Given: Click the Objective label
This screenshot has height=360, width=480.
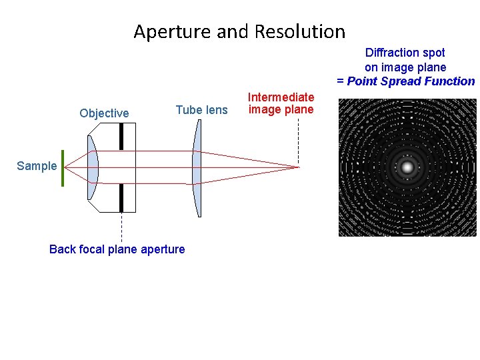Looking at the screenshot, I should (x=104, y=113).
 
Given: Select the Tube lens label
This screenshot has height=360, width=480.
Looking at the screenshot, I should (x=201, y=110).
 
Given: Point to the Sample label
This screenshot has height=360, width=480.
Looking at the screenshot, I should (x=37, y=166).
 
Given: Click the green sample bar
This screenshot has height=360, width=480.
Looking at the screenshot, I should (x=63, y=168).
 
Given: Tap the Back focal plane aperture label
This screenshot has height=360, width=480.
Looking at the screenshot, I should (x=117, y=249).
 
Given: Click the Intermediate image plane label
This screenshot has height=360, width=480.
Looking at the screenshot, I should (x=281, y=103).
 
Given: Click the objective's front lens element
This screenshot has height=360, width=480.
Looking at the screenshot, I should (x=93, y=167).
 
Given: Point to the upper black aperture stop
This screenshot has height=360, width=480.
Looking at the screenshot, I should (x=121, y=136).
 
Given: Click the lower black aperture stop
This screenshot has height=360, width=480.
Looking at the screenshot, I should (x=121, y=198).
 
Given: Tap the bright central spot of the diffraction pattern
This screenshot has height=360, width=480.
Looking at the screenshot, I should (x=407, y=167).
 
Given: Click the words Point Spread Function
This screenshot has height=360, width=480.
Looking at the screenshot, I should (x=411, y=81).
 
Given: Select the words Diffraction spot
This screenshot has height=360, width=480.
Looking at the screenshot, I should (x=405, y=52).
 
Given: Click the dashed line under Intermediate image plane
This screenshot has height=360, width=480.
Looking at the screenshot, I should (x=298, y=140).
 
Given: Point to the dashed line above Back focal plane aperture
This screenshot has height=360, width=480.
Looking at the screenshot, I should (x=121, y=227).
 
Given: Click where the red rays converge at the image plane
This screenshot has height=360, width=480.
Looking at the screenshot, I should (x=297, y=166).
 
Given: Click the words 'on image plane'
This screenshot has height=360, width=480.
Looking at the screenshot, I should (x=405, y=67).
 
